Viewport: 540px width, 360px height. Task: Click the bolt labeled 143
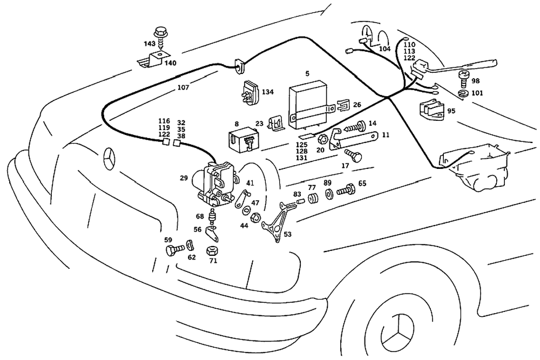pos(160,33)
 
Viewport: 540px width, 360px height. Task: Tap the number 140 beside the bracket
pos(170,63)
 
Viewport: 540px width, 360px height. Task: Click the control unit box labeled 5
pos(308,103)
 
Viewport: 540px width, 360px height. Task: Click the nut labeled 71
pos(212,252)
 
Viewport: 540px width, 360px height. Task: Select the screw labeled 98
pos(463,78)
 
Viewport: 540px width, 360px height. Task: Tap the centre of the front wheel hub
pos(396,335)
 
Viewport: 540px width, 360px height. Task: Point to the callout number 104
pos(384,49)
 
